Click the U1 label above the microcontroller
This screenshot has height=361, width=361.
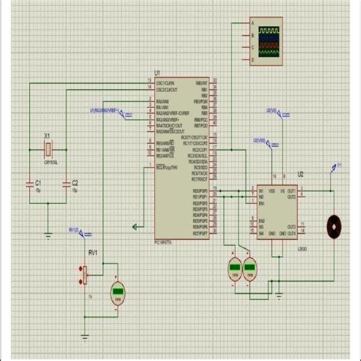click(157, 73)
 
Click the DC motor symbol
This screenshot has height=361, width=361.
click(333, 225)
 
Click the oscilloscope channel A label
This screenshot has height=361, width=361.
click(245, 24)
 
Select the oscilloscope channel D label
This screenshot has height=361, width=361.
click(245, 56)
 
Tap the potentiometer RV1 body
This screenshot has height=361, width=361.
click(86, 272)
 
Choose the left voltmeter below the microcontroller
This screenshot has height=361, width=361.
click(235, 267)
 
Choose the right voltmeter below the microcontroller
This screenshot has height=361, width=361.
click(250, 267)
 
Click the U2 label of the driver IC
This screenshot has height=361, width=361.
click(300, 174)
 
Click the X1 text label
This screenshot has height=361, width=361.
click(47, 136)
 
